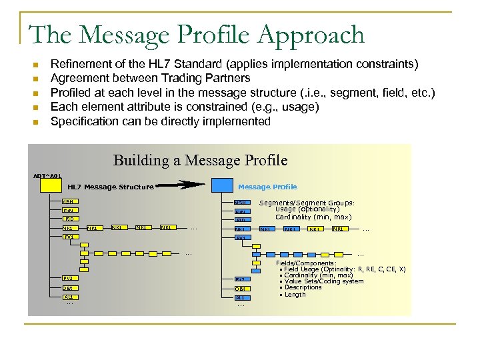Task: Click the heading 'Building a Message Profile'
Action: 201,160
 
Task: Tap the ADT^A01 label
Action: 47,175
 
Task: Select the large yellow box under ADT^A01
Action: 51,187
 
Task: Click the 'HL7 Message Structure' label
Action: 111,187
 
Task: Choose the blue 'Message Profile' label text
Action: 267,187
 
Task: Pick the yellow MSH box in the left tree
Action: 69,202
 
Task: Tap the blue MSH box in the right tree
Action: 241,203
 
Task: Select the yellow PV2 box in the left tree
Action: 69,277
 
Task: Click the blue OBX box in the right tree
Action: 241,288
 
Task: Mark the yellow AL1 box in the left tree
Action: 69,297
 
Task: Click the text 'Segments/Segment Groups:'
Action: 307,203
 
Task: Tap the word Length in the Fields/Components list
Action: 295,295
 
